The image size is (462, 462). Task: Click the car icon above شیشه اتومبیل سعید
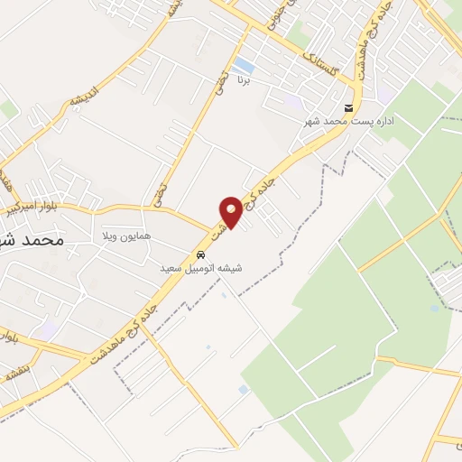(x=199, y=254)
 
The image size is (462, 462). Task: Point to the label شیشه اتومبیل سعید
(x=197, y=268)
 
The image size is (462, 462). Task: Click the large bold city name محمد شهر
(x=27, y=240)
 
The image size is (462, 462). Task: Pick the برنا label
(x=242, y=81)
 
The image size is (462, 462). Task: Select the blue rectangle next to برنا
(x=244, y=65)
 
